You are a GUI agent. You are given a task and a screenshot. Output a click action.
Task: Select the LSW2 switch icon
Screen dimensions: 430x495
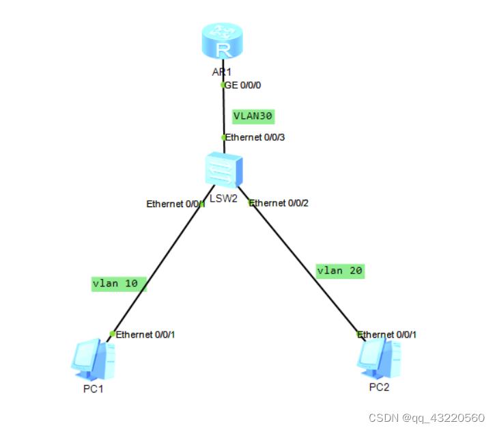pos(223,168)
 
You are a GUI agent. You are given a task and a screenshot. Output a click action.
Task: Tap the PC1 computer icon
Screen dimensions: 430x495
pos(93,361)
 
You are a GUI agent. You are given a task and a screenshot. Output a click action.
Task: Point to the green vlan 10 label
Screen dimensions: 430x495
pos(118,283)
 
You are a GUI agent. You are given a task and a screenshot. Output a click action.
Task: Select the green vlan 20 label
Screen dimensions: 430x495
pos(340,271)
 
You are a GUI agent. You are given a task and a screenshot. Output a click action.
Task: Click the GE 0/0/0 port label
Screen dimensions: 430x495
pos(243,85)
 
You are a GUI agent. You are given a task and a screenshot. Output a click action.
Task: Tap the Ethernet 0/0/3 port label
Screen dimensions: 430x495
pos(255,137)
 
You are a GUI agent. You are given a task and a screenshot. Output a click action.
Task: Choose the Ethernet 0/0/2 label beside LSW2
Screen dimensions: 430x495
pos(279,203)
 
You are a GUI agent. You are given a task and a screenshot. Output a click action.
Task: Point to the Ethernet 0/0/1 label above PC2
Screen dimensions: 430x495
pos(388,334)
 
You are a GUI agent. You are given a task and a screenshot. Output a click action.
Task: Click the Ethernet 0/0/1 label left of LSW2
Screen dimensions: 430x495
pos(174,204)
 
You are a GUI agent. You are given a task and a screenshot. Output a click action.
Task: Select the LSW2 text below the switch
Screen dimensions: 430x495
pos(224,198)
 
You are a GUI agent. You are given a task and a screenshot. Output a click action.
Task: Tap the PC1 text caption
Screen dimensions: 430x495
pos(92,389)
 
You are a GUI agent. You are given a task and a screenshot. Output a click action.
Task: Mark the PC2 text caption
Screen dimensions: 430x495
pos(379,387)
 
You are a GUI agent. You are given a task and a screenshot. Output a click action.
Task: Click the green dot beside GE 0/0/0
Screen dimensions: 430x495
pos(223,85)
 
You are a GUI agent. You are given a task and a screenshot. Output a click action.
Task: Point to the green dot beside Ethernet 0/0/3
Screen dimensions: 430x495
pos(223,137)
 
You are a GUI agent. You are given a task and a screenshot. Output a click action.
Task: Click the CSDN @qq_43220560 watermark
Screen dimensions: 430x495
pos(426,418)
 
